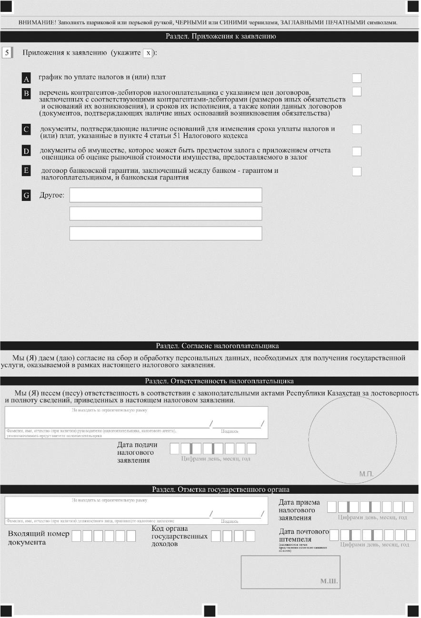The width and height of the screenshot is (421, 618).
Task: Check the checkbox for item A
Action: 357,78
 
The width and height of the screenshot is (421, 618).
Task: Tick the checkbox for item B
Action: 357,91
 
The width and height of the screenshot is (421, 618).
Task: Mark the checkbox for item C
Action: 357,129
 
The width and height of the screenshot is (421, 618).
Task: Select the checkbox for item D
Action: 357,151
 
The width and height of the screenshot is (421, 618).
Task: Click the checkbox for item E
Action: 357,171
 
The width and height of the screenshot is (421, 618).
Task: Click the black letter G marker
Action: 27,195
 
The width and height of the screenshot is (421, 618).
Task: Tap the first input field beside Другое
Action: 166,195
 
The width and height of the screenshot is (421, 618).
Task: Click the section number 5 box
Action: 7,52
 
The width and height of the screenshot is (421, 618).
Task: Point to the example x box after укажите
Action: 148,53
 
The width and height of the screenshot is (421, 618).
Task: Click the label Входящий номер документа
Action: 39,538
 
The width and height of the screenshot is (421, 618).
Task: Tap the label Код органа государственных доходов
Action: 180,536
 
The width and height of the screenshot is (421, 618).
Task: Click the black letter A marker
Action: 27,79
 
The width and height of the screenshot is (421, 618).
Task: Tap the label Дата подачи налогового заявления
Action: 137,452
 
